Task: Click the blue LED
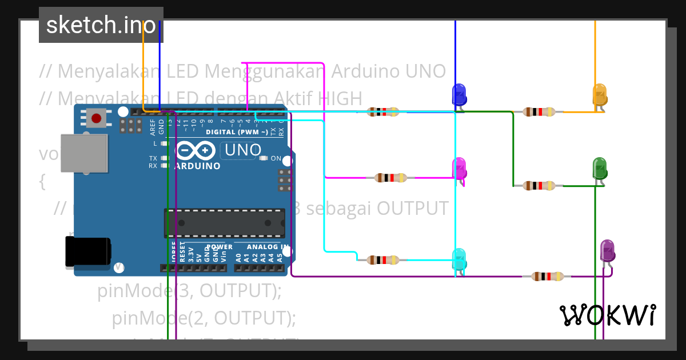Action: tap(458, 94)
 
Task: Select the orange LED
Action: tap(599, 94)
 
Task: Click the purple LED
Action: tap(607, 251)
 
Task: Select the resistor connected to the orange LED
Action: tap(539, 112)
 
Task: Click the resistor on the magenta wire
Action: tap(391, 178)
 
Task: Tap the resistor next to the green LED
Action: tap(539, 185)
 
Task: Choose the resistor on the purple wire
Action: tap(548, 277)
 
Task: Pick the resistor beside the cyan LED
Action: tap(383, 260)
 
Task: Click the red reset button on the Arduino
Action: tap(96, 118)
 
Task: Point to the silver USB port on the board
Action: tap(82, 153)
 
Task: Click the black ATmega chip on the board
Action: tap(224, 223)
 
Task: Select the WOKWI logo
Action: tap(607, 315)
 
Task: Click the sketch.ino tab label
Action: tap(101, 25)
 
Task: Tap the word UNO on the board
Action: tap(243, 150)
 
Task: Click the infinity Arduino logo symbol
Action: tap(196, 151)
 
